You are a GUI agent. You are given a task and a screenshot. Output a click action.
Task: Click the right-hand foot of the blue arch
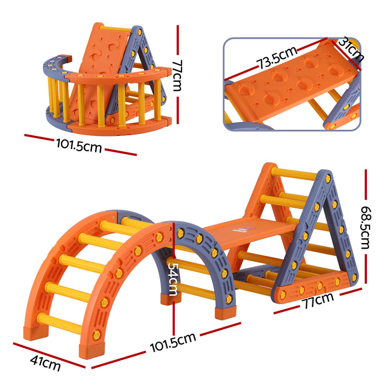point(223,312)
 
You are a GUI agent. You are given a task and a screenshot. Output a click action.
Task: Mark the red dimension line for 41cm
point(48,353)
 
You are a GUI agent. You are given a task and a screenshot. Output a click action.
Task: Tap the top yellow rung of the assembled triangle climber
point(294,174)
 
